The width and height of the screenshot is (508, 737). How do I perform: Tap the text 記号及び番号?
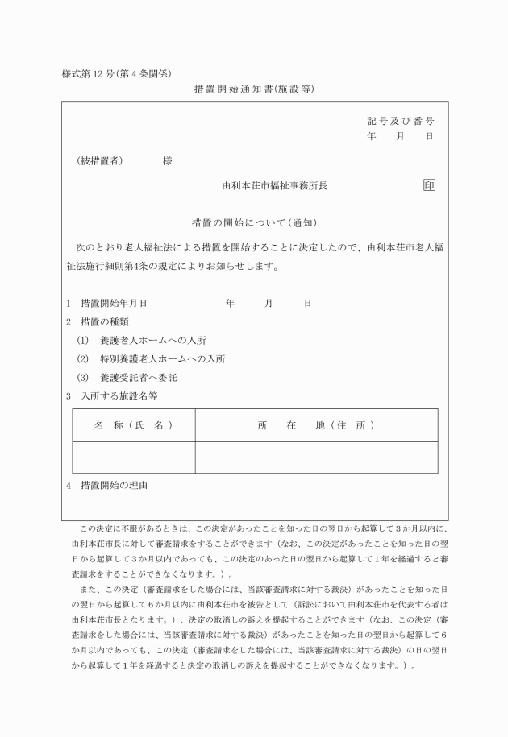pos(401,121)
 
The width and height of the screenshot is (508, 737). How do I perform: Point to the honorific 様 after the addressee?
pos(168,160)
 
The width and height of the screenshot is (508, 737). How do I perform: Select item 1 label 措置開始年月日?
pos(114,304)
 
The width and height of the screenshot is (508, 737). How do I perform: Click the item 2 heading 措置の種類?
pos(109,321)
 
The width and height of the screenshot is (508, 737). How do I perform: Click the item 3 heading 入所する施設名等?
pos(119,395)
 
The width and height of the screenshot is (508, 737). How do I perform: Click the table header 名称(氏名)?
pos(133,424)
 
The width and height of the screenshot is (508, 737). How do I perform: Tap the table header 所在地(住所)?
pos(316,424)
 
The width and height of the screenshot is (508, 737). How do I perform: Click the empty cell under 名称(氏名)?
pos(133,457)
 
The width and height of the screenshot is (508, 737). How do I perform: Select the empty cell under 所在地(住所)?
pos(316,457)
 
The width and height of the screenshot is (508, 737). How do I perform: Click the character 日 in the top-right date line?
pos(430,137)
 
